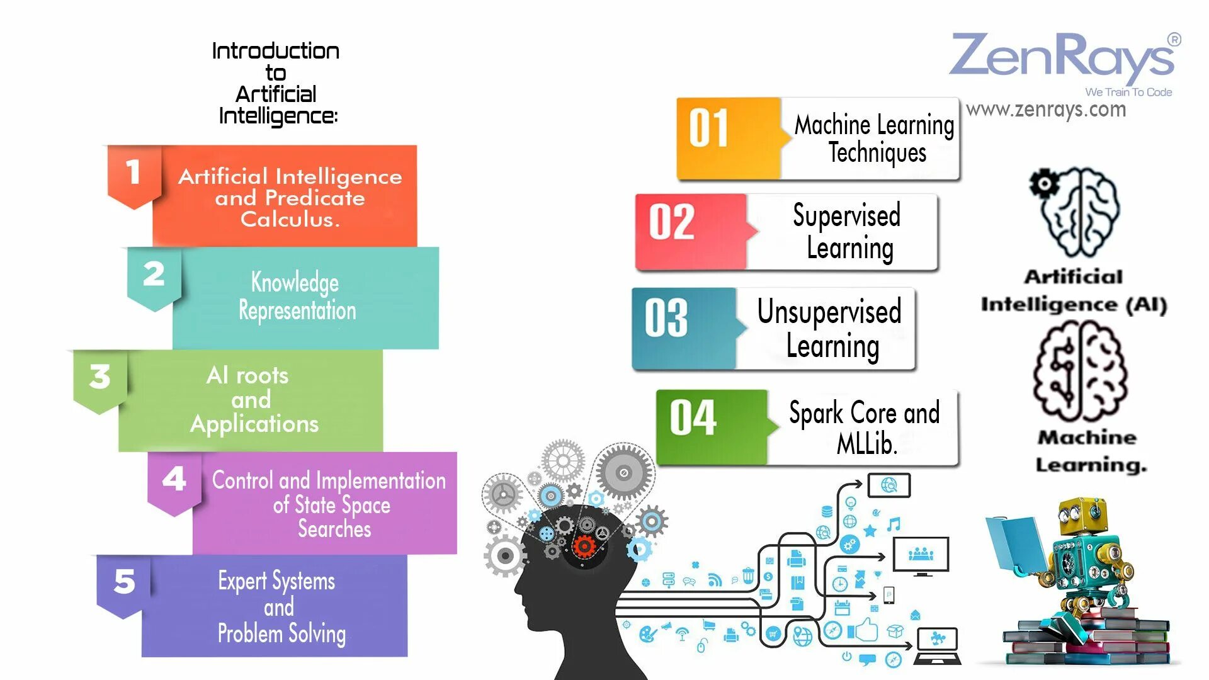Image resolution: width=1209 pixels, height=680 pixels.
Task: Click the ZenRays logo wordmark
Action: (x=1062, y=57)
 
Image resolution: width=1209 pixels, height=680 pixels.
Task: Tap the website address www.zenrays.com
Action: (x=1046, y=110)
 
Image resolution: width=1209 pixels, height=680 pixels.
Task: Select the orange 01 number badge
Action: (x=708, y=128)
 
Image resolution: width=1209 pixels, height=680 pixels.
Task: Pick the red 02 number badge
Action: (x=672, y=222)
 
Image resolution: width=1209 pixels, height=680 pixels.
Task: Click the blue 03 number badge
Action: (x=666, y=319)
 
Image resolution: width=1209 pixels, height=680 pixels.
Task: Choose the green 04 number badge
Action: (x=693, y=418)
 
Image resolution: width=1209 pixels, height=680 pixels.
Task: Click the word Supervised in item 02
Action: (x=846, y=216)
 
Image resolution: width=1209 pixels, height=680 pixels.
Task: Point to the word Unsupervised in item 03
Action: (x=829, y=312)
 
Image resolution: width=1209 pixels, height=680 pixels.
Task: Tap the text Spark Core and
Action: (x=864, y=414)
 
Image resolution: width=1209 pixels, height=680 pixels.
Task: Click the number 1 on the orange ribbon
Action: (x=133, y=173)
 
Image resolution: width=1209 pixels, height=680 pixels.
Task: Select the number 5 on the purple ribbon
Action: (x=124, y=581)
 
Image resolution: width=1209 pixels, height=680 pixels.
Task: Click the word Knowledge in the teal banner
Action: (x=295, y=283)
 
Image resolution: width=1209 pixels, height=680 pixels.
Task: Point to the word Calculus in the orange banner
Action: (x=290, y=220)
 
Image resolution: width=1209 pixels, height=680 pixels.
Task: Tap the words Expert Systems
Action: (x=276, y=581)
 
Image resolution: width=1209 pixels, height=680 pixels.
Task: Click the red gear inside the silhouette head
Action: (x=584, y=546)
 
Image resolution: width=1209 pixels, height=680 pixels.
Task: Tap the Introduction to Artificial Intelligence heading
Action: (x=276, y=83)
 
